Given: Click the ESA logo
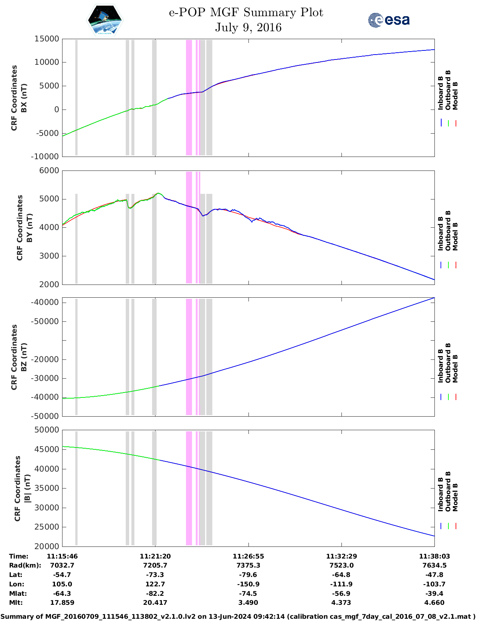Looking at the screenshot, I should (x=389, y=20).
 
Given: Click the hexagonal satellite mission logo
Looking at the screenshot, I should (x=105, y=20).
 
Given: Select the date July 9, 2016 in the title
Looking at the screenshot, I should (x=248, y=28).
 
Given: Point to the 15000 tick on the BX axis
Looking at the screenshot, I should (x=47, y=39).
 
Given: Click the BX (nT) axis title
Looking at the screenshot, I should (x=24, y=98).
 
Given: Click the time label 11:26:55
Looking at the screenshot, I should (x=248, y=556).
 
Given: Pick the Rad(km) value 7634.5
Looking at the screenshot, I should (x=434, y=565).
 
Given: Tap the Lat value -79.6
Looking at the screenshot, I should (x=248, y=575).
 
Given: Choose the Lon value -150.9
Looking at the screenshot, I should (x=248, y=584).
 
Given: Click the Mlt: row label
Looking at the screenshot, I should (x=16, y=603).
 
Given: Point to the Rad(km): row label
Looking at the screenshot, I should (x=25, y=565).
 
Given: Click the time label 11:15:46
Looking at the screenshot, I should (x=62, y=556).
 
